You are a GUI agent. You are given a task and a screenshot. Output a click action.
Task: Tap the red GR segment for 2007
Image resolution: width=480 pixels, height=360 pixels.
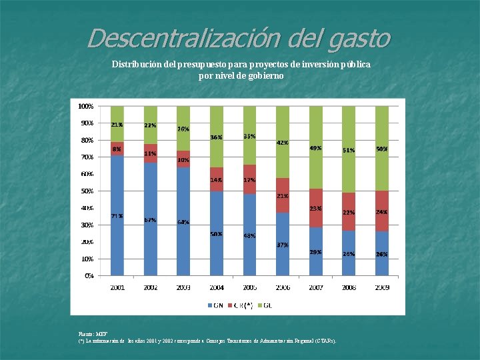click(x=315, y=208)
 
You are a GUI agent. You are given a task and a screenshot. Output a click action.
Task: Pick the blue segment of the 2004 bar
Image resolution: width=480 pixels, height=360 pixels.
click(x=217, y=233)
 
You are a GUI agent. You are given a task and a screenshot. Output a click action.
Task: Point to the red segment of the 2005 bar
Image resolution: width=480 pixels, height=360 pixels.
click(x=249, y=179)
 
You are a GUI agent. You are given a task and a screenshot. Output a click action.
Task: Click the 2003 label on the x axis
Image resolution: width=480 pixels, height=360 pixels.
click(x=183, y=287)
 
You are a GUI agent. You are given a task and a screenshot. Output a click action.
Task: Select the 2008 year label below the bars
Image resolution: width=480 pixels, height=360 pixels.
click(x=349, y=287)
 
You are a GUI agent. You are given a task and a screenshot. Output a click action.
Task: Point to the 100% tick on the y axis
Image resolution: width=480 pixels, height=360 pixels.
click(x=85, y=106)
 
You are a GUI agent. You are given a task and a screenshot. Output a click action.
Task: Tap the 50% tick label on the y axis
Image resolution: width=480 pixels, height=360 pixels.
click(x=87, y=191)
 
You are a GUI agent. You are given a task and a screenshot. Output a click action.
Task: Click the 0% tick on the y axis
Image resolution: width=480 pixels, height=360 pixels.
click(x=88, y=275)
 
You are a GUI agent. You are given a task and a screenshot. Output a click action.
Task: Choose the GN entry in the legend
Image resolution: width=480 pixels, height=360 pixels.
click(x=215, y=305)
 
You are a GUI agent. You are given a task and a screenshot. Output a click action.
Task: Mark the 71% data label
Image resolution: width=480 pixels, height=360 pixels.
click(x=117, y=216)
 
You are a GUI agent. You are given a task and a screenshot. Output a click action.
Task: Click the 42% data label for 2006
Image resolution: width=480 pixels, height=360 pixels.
click(x=282, y=142)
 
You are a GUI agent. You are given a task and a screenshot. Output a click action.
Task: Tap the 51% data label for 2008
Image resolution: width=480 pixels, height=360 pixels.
click(x=349, y=150)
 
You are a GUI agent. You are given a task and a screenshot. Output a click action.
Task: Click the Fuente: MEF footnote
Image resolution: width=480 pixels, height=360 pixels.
click(x=93, y=333)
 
